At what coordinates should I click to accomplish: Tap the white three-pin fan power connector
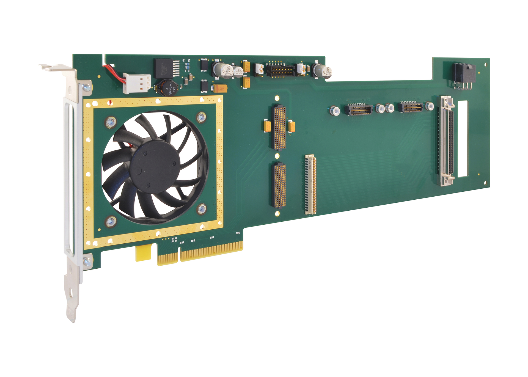[137, 83]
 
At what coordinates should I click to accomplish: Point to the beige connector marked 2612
[310, 184]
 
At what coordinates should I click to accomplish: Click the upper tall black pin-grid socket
[280, 127]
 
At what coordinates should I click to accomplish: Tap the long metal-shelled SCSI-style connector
[447, 141]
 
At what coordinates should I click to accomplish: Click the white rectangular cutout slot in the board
[462, 139]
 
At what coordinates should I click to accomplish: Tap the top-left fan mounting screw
[111, 121]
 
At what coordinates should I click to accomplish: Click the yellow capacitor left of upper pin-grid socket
[267, 126]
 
